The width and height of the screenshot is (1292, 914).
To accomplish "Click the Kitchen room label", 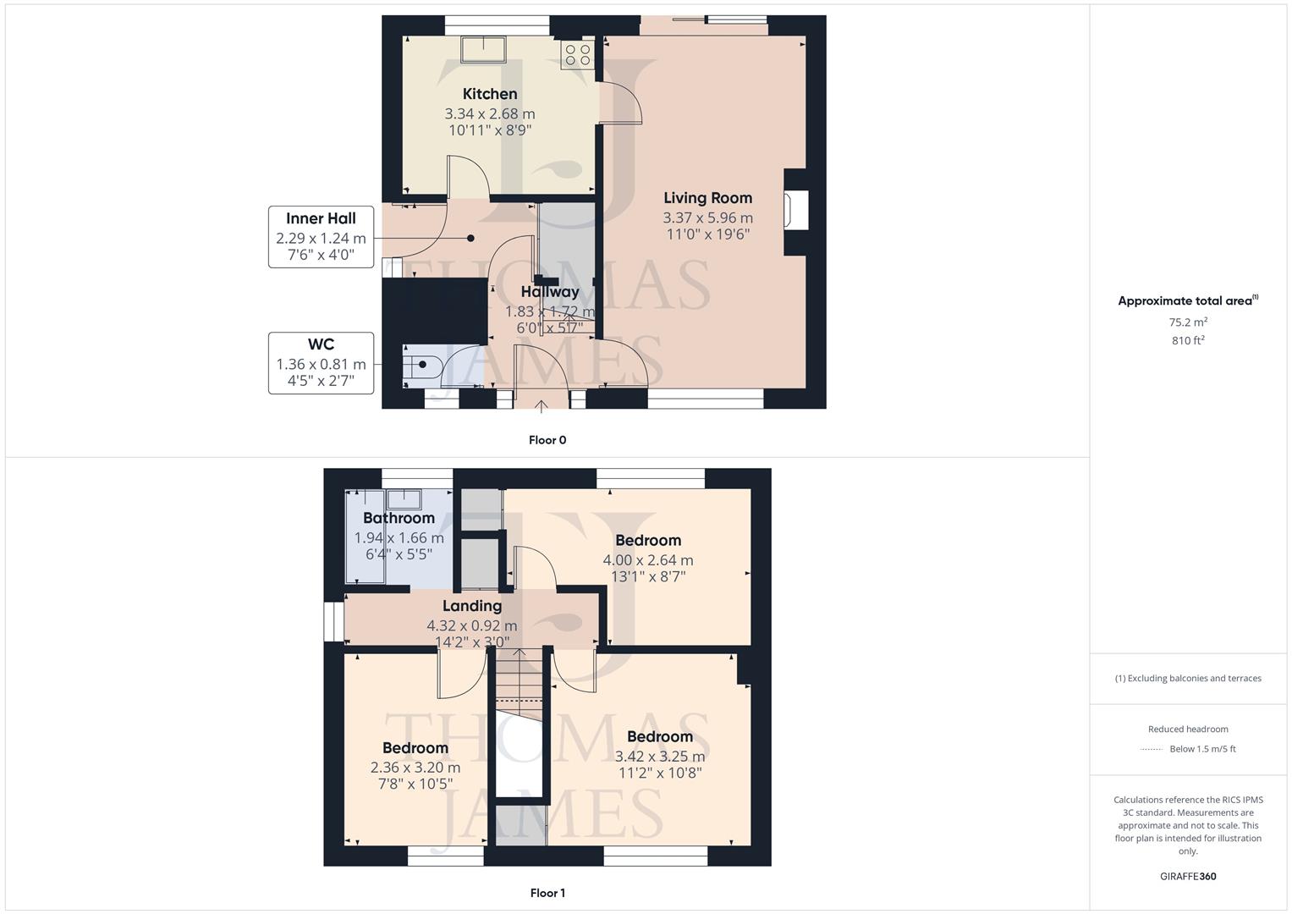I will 490,94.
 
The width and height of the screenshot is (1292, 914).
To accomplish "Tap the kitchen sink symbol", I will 482,49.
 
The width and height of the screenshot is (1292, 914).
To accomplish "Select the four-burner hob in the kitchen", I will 578,55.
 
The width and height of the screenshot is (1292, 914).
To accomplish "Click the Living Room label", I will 707,198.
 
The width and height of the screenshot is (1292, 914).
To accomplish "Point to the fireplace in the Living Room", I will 794,212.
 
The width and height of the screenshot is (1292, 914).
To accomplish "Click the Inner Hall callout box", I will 321,237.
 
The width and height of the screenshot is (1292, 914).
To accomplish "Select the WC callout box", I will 321,363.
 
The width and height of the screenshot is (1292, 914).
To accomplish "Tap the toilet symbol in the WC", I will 421,366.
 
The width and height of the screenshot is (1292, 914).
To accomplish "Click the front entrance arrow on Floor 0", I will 542,406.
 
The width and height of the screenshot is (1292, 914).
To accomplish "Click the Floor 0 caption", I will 547,440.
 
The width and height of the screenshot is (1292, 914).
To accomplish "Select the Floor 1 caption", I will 547,893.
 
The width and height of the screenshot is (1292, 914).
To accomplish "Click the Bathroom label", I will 399,518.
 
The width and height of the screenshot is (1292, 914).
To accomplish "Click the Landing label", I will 472,606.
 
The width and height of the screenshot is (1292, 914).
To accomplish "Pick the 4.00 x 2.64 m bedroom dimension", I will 648,560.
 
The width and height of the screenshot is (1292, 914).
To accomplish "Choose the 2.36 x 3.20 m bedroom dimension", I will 415,768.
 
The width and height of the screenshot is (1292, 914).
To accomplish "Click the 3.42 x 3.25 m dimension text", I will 660,757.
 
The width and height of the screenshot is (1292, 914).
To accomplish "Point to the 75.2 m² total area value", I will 1188,322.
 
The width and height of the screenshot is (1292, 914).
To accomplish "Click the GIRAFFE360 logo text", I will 1188,876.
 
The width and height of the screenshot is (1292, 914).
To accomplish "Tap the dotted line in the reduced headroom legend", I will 1152,749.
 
